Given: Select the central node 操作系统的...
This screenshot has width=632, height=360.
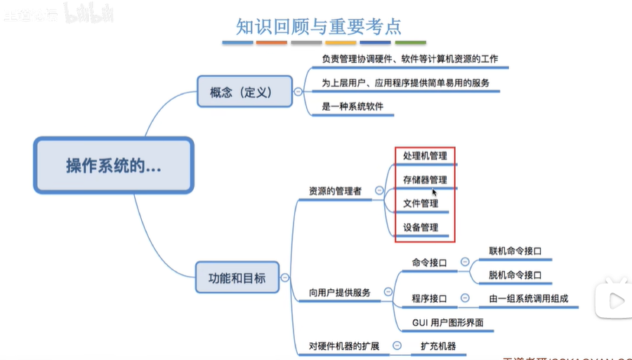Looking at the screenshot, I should click(113, 166).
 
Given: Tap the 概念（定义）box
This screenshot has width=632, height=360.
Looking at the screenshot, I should click(244, 92).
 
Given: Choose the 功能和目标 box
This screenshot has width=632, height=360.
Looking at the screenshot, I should click(237, 277).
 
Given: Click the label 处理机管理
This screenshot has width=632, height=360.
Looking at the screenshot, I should click(425, 156).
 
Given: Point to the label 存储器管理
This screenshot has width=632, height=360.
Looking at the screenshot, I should click(425, 180).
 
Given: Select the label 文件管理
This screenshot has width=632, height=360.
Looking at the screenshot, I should click(421, 204).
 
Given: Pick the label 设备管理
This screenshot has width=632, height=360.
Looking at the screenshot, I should click(421, 227).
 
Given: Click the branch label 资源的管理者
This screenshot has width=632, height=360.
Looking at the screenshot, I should click(335, 191).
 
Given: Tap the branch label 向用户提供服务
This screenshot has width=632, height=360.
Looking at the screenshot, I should click(339, 293).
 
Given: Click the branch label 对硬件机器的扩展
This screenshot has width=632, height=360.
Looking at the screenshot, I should click(344, 346).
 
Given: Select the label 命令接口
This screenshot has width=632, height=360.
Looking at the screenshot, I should click(429, 262).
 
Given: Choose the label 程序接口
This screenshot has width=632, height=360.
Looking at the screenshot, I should click(429, 299).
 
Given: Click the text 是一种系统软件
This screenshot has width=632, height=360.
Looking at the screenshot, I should click(353, 107).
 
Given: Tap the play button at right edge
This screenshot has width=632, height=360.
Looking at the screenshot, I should click(615, 301).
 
